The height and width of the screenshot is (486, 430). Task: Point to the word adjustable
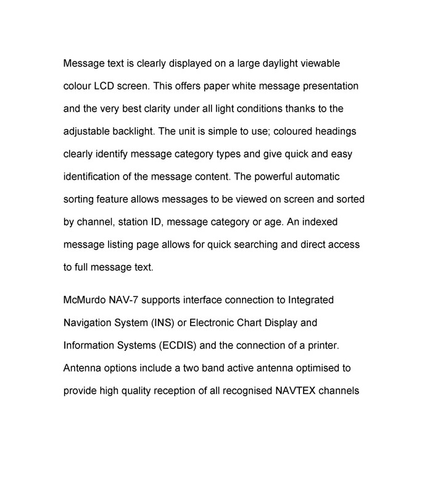click(88, 132)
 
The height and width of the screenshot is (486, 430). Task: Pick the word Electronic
click(215, 323)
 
